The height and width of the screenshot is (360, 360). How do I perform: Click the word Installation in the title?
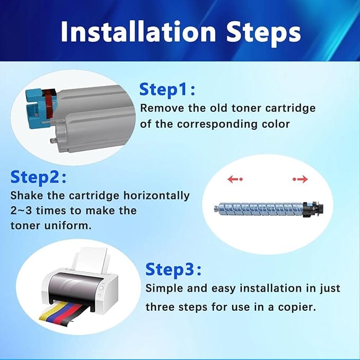(x=138, y=32)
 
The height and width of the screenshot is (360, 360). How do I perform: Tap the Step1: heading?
(x=168, y=90)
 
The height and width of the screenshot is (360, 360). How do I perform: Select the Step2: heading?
(x=38, y=177)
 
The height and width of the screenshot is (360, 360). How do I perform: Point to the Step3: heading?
(x=173, y=269)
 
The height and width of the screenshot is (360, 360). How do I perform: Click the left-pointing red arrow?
(x=235, y=179)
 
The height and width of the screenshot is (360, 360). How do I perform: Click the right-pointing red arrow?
(x=300, y=179)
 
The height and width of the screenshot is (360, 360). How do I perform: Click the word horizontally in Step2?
(x=156, y=196)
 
